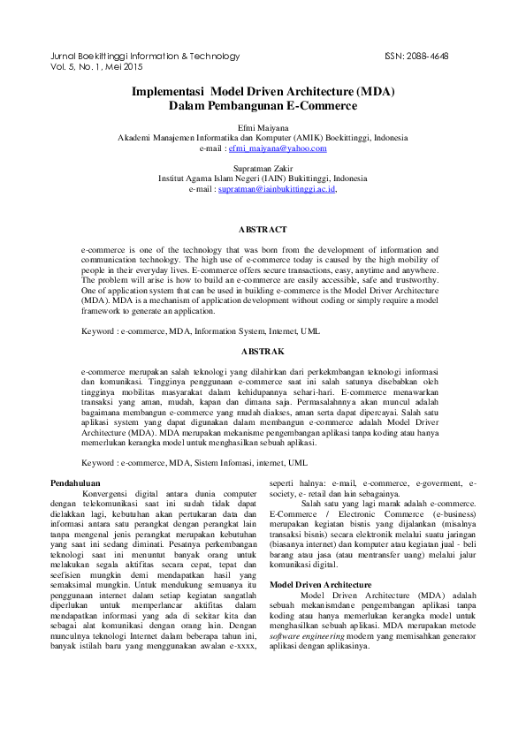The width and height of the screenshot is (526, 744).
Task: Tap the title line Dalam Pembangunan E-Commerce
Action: (263, 105)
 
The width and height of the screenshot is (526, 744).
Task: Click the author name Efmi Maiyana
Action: (263, 128)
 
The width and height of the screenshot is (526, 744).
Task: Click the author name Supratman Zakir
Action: (263, 167)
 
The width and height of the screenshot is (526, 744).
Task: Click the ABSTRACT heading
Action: (263, 230)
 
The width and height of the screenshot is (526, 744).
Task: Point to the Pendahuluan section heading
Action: (74, 482)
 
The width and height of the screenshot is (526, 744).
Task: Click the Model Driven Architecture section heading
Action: (321, 585)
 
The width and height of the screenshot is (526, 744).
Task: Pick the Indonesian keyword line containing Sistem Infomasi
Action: (194, 462)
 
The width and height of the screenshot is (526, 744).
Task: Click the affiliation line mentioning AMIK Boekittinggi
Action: (263, 139)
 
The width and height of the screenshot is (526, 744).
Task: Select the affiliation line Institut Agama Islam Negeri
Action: (263, 178)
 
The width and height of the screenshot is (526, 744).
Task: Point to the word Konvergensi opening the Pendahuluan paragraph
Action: (103, 493)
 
